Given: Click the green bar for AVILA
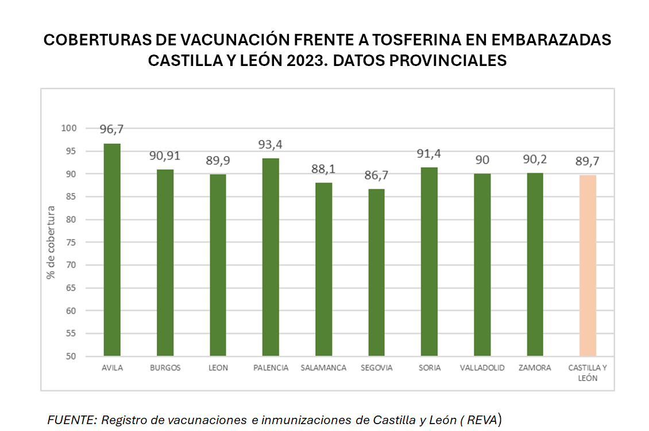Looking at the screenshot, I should pos(112,250).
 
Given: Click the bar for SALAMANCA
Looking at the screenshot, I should pos(324,269).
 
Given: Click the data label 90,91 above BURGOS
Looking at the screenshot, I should pos(165,157).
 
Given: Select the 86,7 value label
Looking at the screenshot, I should pos(377,176).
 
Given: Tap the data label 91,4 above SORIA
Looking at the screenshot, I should pos(430,154).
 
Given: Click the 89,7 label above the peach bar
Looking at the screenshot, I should pos(588,161).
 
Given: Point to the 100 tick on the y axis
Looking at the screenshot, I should pos(68,129).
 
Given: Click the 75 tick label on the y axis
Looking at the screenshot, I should pos(71,242).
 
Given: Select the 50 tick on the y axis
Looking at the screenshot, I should pos(71,356).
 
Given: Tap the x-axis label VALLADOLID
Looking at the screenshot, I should pos(482,368).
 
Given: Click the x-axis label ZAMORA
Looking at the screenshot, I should pos(535,368).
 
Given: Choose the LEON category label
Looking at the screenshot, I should pos(218,368).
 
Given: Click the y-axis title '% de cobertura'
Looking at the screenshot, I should pos(51,242).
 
